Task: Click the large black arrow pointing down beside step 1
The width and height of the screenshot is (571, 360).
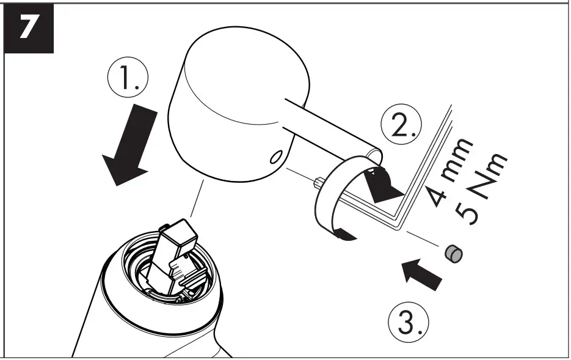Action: click(127, 146)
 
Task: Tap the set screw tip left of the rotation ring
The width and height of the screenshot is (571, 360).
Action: click(318, 182)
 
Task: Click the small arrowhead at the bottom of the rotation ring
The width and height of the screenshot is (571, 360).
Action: click(346, 235)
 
